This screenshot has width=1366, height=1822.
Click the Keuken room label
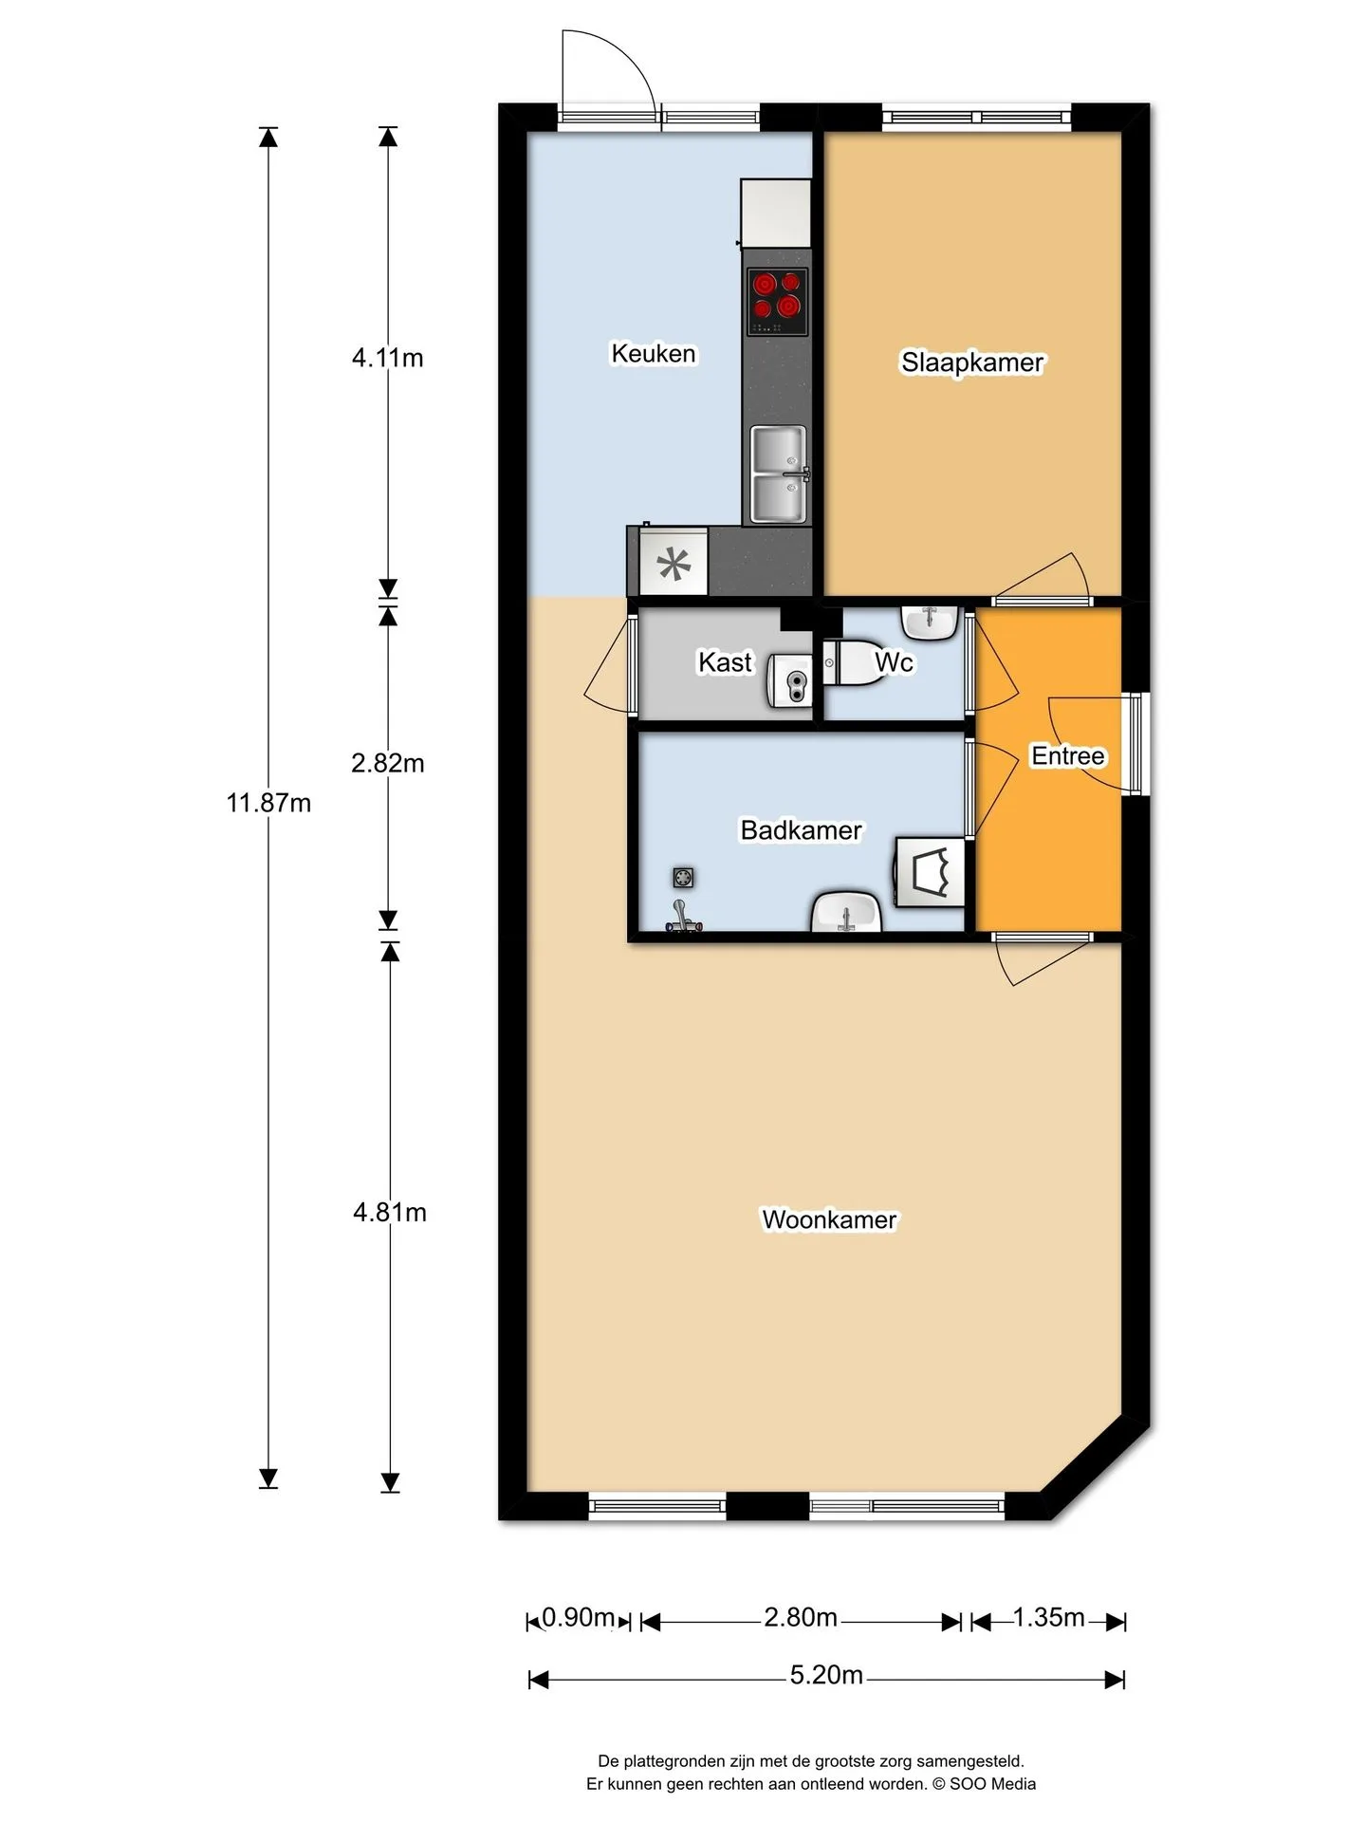tap(653, 354)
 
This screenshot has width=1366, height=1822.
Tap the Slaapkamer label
tap(972, 363)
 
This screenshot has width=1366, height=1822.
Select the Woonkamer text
tap(829, 1219)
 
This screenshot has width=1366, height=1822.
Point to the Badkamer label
tap(801, 830)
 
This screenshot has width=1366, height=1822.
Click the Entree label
tap(1068, 756)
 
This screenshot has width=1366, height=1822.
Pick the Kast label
tap(725, 661)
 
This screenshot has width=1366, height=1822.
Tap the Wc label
tap(894, 661)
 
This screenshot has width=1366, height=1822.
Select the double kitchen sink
tap(779, 474)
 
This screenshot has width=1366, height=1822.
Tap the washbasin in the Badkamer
tap(846, 911)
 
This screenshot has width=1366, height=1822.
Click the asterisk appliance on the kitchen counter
tap(674, 563)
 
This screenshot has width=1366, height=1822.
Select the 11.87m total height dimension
tap(268, 803)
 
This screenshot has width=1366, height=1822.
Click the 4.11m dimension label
tap(387, 358)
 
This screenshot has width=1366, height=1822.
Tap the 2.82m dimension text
tap(387, 763)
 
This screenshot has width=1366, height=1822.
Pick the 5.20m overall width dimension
tap(826, 1675)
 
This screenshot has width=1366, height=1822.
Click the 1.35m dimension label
tap(1048, 1617)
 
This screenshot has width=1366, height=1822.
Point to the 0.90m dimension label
tap(579, 1617)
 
